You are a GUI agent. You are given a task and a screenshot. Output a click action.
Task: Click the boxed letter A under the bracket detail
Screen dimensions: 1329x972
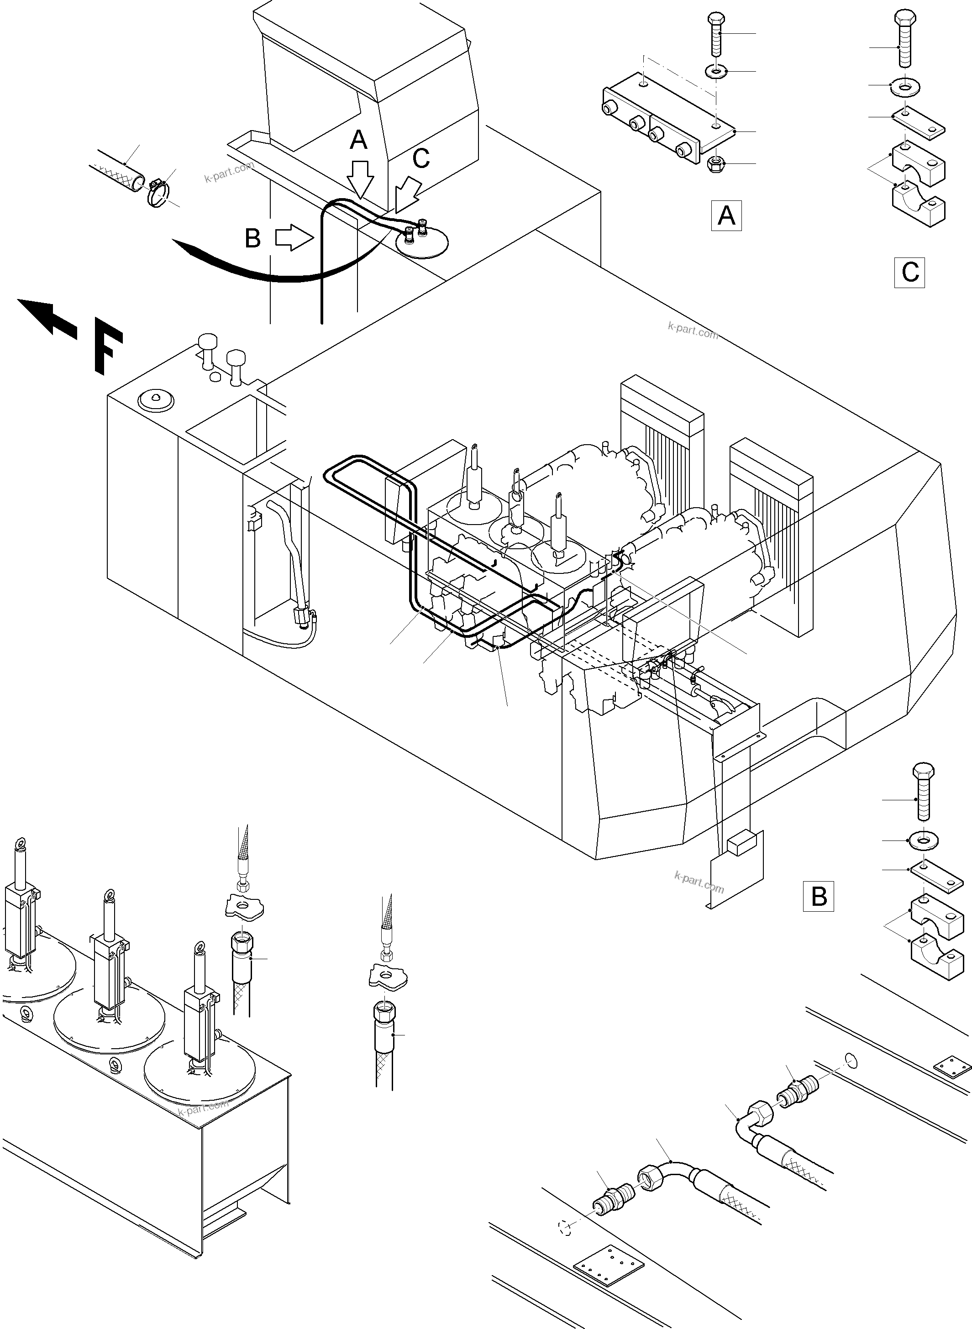tap(726, 216)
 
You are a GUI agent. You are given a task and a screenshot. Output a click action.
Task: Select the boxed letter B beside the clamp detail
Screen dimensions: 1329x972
tap(819, 897)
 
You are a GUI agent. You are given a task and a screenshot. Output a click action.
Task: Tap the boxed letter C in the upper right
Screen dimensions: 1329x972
tap(909, 273)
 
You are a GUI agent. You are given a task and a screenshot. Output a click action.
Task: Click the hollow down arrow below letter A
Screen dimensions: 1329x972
tap(360, 178)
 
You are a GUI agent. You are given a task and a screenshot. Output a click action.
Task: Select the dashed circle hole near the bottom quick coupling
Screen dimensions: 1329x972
tap(565, 1227)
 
